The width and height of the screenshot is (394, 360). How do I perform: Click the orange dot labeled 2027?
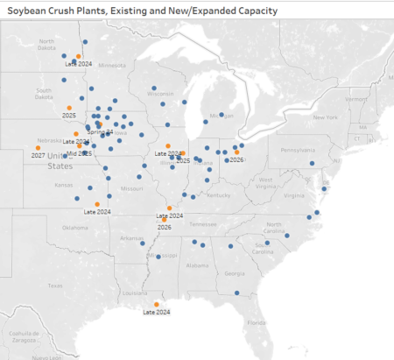[x=38, y=146]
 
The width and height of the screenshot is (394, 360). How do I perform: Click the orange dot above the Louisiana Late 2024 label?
[x=157, y=303]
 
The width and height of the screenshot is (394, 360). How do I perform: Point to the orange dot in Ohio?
[x=236, y=152]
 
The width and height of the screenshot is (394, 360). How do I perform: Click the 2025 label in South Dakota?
[x=69, y=115]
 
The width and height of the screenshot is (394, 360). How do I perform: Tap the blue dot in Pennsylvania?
[x=312, y=162]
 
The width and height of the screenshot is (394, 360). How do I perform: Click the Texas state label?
[x=55, y=285]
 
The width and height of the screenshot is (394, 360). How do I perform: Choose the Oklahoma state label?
[x=74, y=227]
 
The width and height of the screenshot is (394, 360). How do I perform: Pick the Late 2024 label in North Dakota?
[x=79, y=63]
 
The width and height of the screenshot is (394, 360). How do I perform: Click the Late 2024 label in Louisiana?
[x=156, y=311]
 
